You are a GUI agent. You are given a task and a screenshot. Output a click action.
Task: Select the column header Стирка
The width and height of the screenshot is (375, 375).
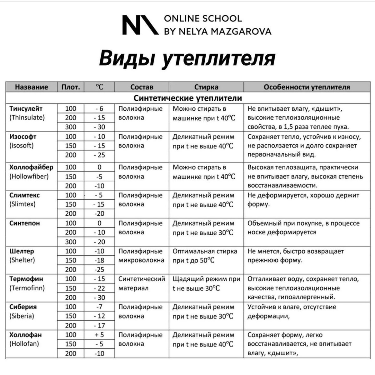coord(206,87)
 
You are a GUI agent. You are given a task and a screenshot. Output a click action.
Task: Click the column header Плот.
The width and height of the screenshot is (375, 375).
coord(71,87)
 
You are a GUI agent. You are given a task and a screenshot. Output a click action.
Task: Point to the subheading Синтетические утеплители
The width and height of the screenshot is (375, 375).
coord(187,98)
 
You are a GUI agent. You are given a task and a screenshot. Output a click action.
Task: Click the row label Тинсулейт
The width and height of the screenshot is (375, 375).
coord(26,109)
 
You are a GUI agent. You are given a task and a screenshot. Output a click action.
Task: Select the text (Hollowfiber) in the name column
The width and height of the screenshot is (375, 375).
coord(29,176)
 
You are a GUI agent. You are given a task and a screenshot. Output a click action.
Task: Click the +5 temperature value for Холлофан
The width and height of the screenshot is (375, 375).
coord(99,335)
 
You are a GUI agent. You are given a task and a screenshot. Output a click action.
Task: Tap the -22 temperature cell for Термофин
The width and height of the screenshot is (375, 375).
coord(99,288)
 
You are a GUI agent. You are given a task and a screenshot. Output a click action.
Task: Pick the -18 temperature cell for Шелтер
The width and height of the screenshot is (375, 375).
coord(99,260)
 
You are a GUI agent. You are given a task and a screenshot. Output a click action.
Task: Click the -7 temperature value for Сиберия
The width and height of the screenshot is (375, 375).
coord(99,307)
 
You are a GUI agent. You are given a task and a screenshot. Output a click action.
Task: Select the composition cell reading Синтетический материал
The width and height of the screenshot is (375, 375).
coord(141,283)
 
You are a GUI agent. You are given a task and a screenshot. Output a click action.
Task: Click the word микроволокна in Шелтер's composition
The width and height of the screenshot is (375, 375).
coord(141,260)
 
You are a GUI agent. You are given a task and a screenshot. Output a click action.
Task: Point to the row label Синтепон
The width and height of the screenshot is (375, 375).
coord(25,223)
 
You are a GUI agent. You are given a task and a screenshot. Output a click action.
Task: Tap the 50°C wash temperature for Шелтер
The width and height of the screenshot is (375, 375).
coord(207,261)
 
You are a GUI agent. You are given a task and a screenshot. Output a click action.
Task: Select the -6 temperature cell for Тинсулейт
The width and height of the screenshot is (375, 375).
coord(99,109)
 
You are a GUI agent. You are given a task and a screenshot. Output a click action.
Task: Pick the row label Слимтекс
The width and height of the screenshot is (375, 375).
coord(25,195)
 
